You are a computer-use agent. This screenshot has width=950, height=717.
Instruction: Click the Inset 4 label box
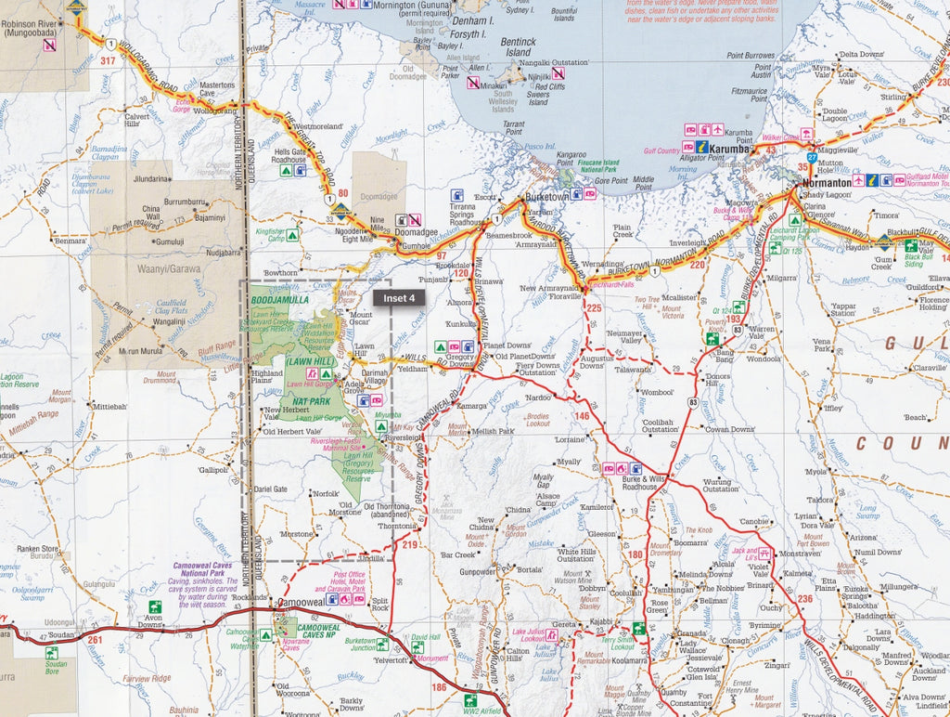[399, 298]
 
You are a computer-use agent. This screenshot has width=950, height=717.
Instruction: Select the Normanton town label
[828, 184]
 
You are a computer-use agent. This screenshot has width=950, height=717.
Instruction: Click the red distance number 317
[110, 62]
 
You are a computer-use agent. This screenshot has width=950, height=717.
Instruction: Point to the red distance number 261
[94, 640]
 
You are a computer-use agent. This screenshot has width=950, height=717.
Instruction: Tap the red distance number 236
[804, 598]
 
